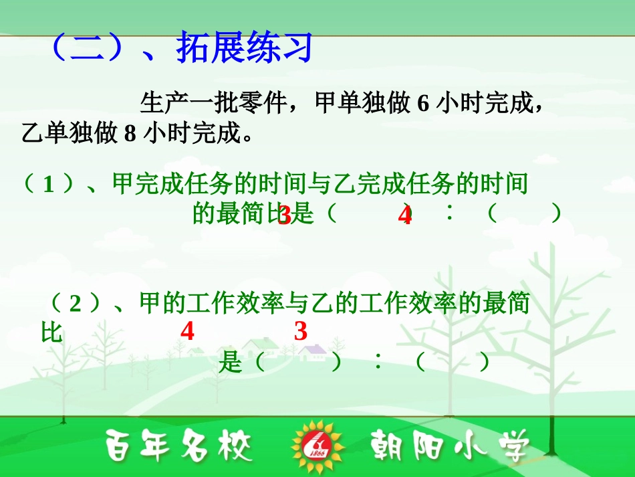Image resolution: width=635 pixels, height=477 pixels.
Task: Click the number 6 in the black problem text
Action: pyautogui.click(x=422, y=104)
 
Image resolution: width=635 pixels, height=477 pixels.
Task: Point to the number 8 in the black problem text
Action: pyautogui.click(x=130, y=134)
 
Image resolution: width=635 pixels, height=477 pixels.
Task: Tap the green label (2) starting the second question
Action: pyautogui.click(x=75, y=304)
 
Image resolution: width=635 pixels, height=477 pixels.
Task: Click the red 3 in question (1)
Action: pyautogui.click(x=284, y=215)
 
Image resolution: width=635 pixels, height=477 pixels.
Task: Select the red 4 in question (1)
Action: pyautogui.click(x=404, y=216)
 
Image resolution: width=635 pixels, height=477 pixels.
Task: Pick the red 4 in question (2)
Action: pyautogui.click(x=187, y=331)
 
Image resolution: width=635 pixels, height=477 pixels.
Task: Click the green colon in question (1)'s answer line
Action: pyautogui.click(x=450, y=213)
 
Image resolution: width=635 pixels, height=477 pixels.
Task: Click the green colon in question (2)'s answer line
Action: pyautogui.click(x=378, y=363)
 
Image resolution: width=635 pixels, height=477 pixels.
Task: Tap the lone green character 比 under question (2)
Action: pyautogui.click(x=51, y=332)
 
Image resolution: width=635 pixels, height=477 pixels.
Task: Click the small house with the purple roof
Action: pyautogui.click(x=311, y=351)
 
